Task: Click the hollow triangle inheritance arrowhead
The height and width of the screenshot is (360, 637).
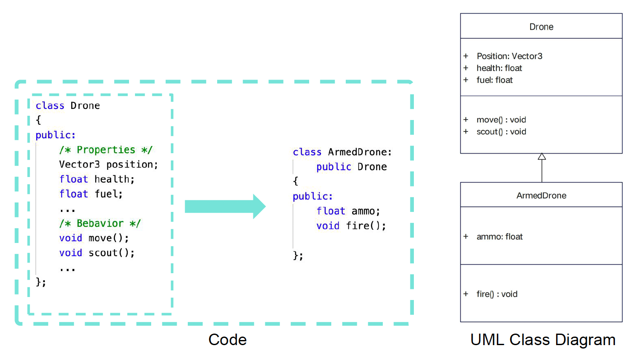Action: point(542,157)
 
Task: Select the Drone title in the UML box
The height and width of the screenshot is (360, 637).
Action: point(541,27)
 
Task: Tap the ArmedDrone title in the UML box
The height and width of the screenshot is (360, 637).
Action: point(541,195)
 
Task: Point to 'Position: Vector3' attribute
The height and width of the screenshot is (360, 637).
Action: point(509,56)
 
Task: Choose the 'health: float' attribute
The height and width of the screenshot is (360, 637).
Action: point(499,68)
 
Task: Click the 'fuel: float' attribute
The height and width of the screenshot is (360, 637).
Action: point(494,80)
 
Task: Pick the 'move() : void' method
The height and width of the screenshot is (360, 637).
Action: point(501,120)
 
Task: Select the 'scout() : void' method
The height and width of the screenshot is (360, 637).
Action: point(501,131)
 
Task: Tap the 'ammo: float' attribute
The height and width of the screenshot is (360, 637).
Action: point(499,237)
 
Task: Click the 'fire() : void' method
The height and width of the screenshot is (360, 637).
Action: point(497,294)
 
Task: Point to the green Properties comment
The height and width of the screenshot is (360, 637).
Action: point(106,150)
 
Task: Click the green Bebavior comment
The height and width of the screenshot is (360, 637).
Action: point(100,223)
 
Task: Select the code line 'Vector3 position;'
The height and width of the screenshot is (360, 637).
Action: point(109,164)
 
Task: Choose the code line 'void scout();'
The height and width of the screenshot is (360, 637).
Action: point(97,253)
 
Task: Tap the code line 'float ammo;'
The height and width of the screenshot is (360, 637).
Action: point(348,211)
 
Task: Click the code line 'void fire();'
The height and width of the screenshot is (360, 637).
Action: point(351,226)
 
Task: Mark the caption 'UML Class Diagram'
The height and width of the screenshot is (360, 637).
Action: point(543,340)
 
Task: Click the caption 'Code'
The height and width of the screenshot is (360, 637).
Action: point(227,340)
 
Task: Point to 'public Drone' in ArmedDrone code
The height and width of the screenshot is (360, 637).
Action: point(351,167)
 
